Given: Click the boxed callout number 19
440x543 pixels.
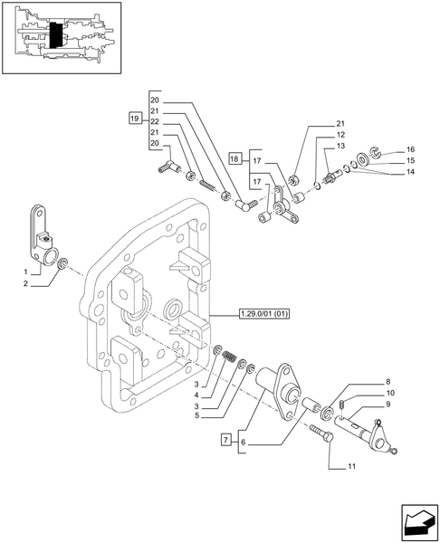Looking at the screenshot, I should click(x=134, y=119).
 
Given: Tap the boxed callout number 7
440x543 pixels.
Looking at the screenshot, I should click(x=225, y=439).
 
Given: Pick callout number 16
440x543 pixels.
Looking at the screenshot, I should click(x=410, y=149).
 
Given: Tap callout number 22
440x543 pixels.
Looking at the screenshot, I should click(x=155, y=121).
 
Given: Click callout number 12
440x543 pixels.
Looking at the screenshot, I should click(x=340, y=134).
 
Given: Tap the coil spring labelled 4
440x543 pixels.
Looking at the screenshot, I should click(x=230, y=351).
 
